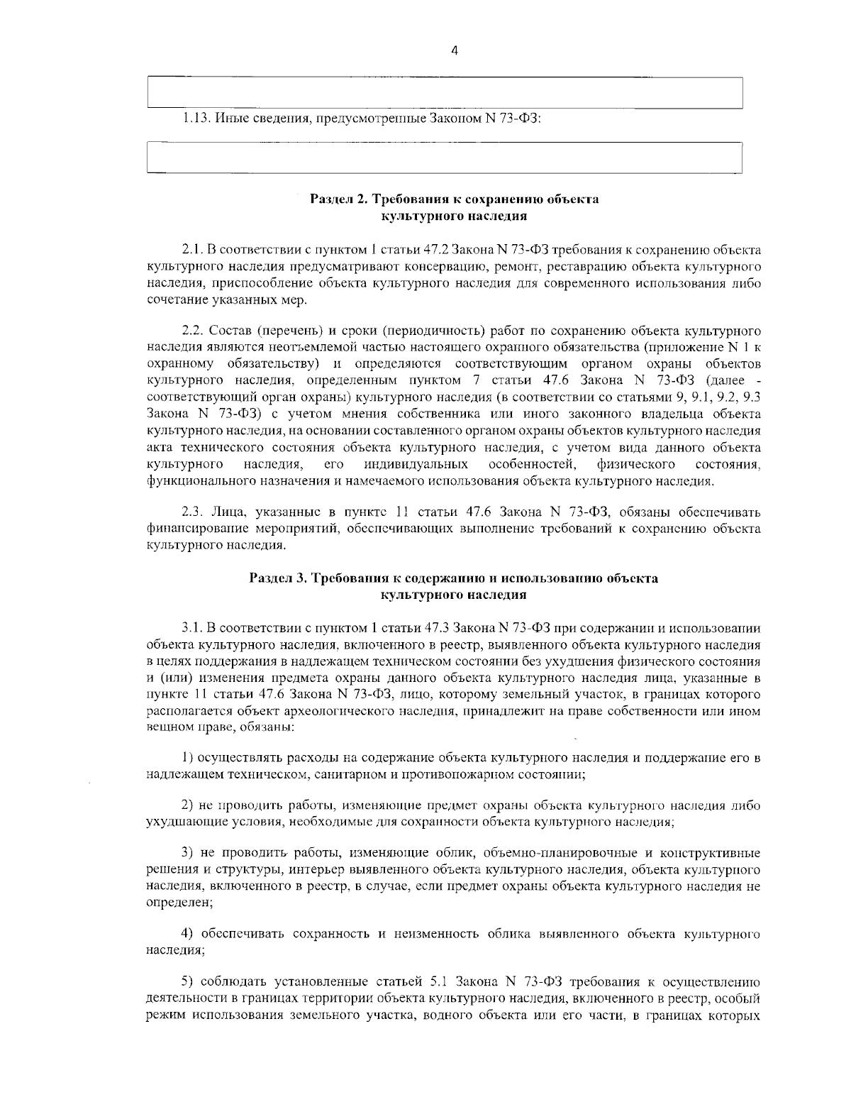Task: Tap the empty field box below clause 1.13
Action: point(444,158)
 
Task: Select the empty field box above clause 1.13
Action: point(444,92)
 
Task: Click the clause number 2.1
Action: point(193,250)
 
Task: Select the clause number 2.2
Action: point(193,331)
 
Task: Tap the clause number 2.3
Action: point(193,512)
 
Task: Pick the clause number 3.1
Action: point(193,628)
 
